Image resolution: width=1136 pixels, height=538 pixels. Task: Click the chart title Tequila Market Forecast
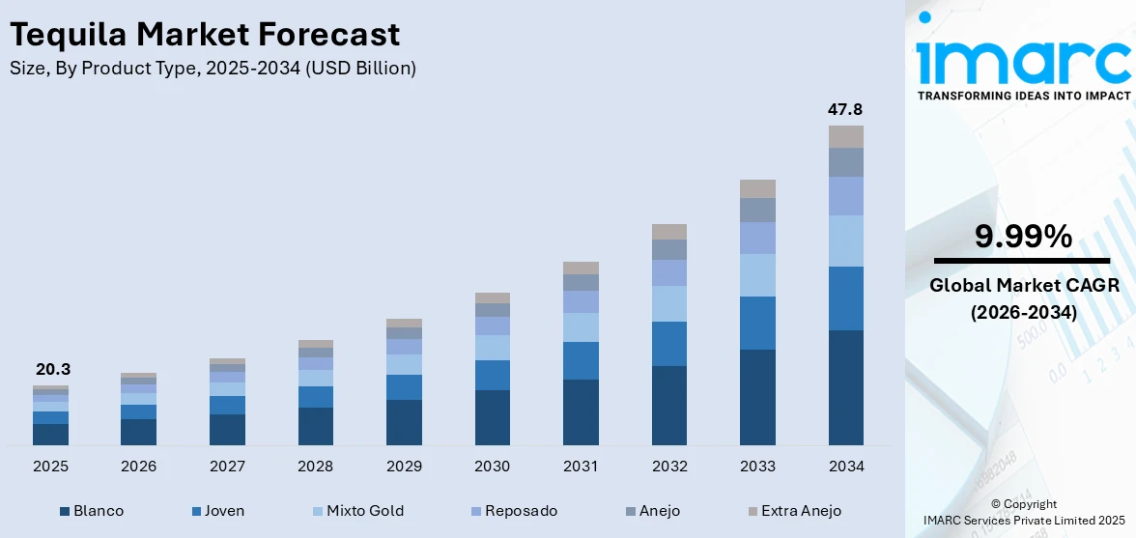[205, 35]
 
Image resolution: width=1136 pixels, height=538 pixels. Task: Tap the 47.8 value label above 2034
[845, 109]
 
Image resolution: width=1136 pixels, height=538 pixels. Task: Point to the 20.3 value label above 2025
[53, 369]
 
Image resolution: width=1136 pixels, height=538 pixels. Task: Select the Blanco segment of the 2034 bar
[845, 387]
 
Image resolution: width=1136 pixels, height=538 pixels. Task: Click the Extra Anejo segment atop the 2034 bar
[845, 136]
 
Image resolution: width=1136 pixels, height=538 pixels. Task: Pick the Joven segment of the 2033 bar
[757, 323]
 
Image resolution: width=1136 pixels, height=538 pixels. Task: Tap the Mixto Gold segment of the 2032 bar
[668, 303]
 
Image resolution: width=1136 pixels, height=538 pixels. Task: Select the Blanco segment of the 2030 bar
[492, 417]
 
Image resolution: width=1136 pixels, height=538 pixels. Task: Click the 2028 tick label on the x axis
[316, 467]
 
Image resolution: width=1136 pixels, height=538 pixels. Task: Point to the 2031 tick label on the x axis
[581, 467]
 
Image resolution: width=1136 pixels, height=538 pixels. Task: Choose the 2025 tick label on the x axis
[50, 467]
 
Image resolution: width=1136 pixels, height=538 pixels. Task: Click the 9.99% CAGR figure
[1022, 237]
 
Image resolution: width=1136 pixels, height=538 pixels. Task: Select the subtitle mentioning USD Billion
[213, 68]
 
